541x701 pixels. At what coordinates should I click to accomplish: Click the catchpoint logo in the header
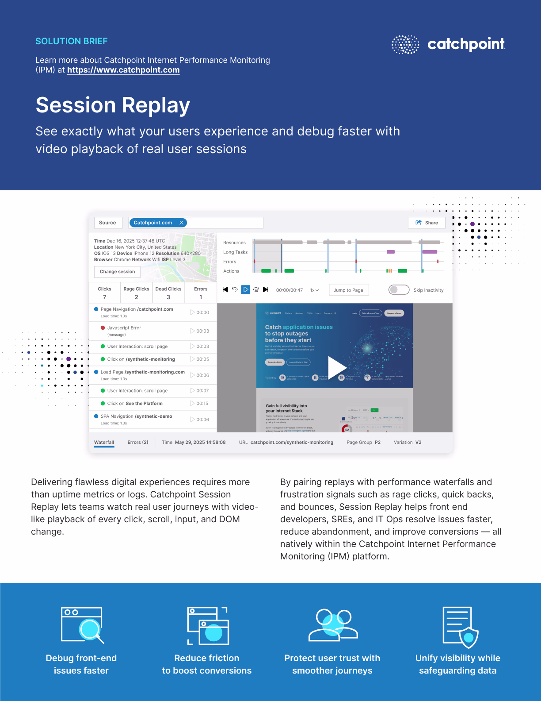click(x=448, y=44)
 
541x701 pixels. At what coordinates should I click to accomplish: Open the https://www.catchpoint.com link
click(x=123, y=70)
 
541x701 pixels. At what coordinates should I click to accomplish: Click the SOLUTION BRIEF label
click(x=72, y=41)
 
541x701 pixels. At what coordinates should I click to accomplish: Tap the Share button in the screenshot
click(x=427, y=223)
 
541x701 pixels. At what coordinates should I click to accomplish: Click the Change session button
click(x=117, y=272)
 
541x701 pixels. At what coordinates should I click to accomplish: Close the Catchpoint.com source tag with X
click(x=181, y=223)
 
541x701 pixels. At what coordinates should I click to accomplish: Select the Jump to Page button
click(x=348, y=290)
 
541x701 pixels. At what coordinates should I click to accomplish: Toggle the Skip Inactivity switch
click(x=399, y=290)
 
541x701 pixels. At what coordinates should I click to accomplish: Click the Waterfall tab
click(x=104, y=442)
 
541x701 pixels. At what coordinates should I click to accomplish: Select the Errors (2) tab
click(x=138, y=442)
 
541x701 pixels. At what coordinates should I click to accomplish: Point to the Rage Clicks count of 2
click(x=136, y=297)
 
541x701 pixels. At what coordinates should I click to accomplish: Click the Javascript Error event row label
click(x=124, y=328)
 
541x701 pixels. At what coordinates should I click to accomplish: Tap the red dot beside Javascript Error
click(x=103, y=328)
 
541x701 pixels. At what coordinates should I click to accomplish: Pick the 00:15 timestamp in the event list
click(x=202, y=404)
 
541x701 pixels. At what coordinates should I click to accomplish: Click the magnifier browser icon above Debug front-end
click(x=83, y=625)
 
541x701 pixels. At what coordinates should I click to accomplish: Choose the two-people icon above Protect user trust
click(x=333, y=625)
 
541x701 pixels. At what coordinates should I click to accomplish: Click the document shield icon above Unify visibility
click(x=460, y=627)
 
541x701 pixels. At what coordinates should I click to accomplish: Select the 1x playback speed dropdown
click(x=314, y=290)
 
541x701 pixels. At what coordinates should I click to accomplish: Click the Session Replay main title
click(x=113, y=105)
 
